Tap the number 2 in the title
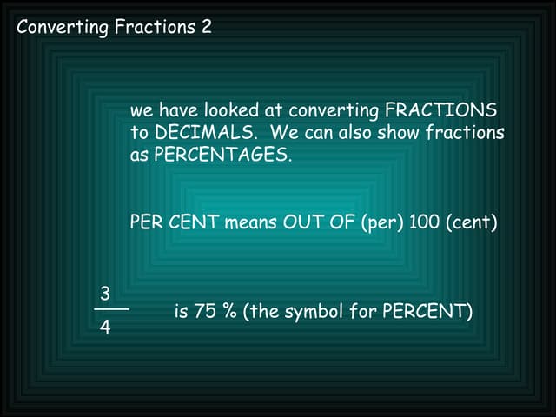click(x=206, y=27)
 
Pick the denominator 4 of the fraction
click(x=105, y=330)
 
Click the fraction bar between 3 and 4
click(x=111, y=309)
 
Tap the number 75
click(x=206, y=311)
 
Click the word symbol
click(x=312, y=311)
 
